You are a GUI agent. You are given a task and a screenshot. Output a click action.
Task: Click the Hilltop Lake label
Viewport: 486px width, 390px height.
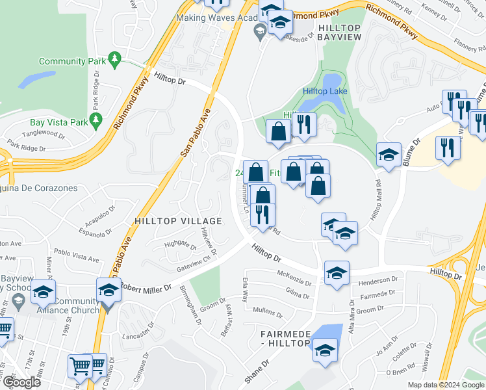[327, 92]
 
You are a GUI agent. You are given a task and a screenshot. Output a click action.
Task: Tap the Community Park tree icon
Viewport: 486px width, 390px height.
[115, 60]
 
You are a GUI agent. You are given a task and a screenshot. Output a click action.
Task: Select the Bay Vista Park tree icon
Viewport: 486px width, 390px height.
[97, 120]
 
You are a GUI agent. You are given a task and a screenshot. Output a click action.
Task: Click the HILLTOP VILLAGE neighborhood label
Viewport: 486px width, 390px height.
[177, 221]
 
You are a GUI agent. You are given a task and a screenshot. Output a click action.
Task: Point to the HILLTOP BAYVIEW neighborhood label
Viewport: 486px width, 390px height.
[348, 28]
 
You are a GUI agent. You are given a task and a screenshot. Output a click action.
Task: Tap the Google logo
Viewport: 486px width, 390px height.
[21, 382]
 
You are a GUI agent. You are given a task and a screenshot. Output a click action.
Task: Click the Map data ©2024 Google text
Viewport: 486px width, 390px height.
[445, 385]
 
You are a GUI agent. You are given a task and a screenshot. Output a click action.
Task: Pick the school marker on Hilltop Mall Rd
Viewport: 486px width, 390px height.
[389, 155]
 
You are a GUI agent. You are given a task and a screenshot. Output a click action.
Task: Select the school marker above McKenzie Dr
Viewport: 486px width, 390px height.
[337, 272]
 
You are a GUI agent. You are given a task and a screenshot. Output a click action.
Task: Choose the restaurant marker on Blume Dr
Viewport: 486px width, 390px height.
[448, 147]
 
